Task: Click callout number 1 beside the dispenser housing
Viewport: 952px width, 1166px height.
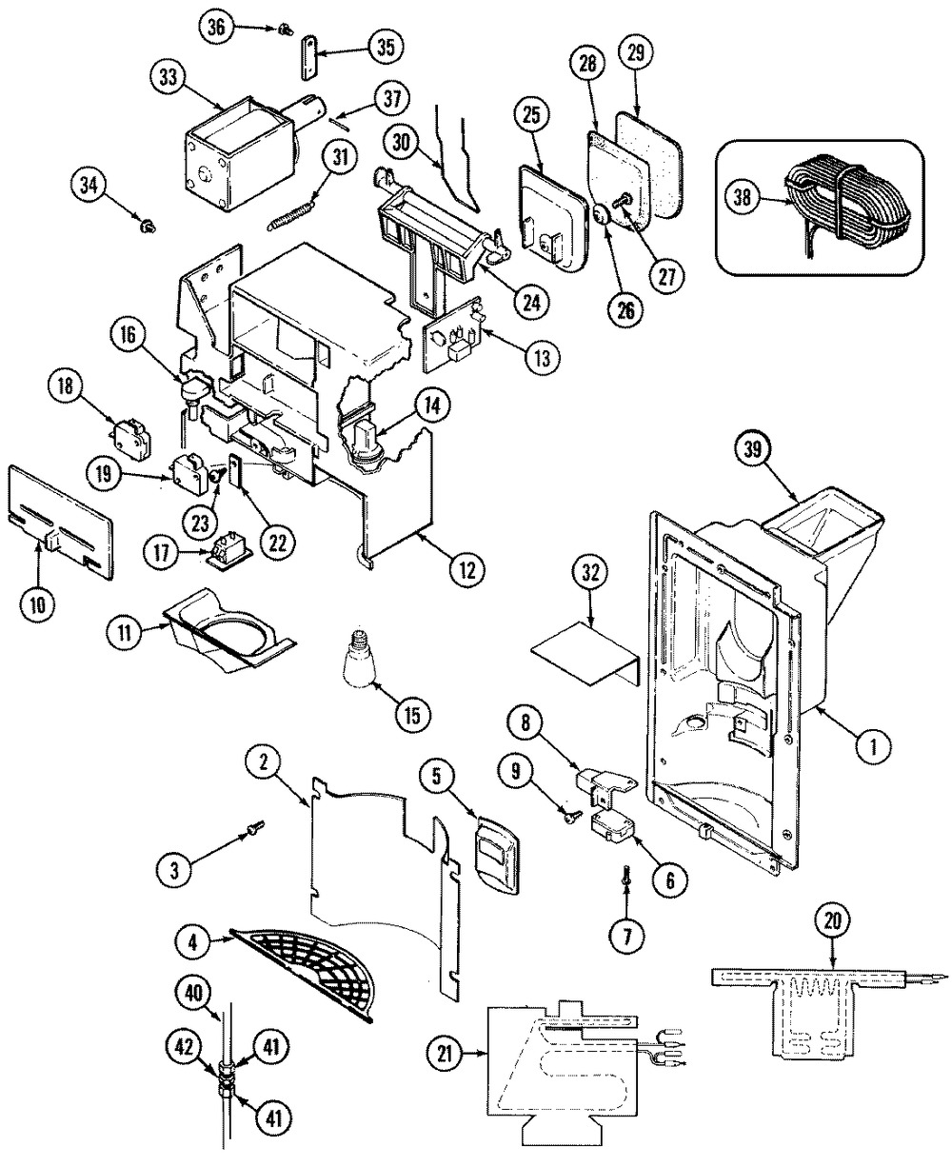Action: tap(867, 749)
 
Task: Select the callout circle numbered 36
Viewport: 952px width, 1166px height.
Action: tap(217, 28)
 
